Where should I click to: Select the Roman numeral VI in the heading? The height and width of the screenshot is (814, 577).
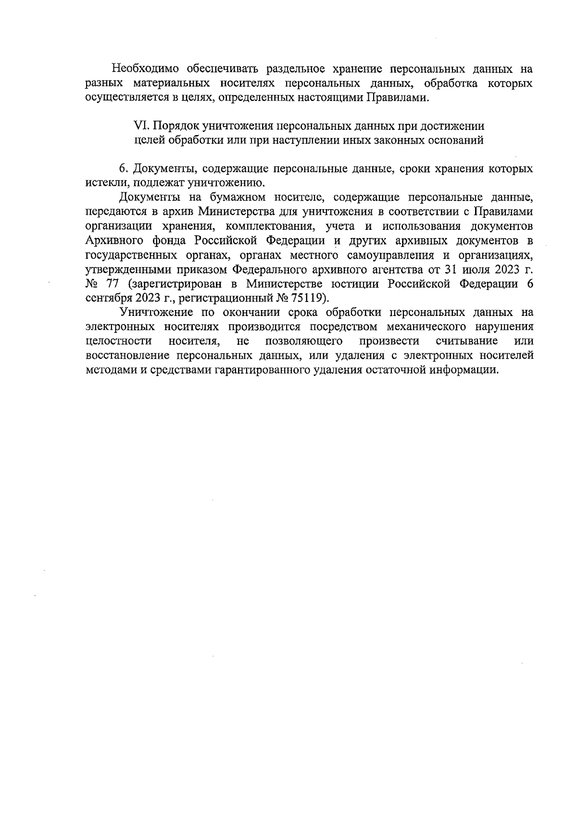[139, 126]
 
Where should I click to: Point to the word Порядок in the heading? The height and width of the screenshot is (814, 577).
[175, 126]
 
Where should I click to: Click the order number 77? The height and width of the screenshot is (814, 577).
[112, 284]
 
